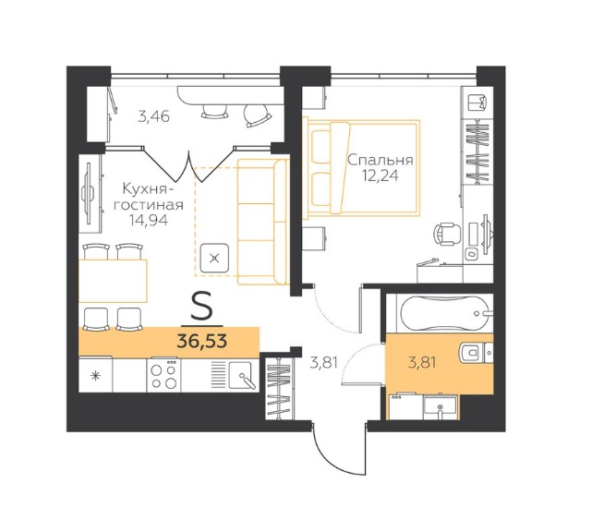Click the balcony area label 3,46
[x=153, y=116]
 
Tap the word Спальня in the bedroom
[x=381, y=161]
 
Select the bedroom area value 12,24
[x=381, y=176]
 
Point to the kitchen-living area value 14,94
[x=149, y=220]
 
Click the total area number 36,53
[x=202, y=342]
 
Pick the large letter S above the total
[x=202, y=308]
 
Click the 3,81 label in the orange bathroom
[x=422, y=363]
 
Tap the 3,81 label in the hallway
[x=323, y=363]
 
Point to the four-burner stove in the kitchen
[x=163, y=375]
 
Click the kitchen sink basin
[x=240, y=374]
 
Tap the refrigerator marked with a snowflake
[x=95, y=375]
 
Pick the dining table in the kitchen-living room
[x=113, y=281]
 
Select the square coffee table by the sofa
[x=214, y=259]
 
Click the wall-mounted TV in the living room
[x=89, y=193]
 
